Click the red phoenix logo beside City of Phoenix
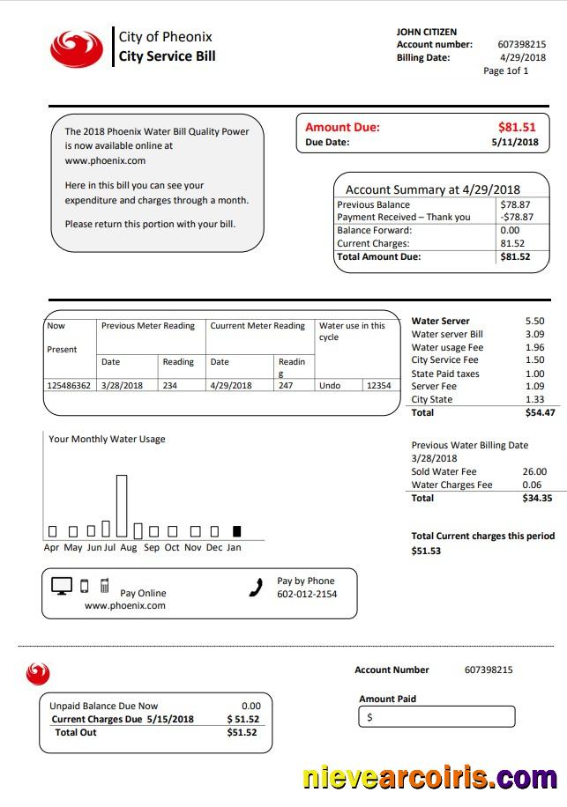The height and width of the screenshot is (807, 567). [76, 48]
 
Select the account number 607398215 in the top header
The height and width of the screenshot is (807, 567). [521, 44]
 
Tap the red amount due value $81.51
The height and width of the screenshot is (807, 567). [517, 127]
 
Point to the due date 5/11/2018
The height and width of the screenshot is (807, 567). [514, 142]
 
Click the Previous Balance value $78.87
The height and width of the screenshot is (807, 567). [515, 204]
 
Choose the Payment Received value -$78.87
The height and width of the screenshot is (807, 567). [516, 217]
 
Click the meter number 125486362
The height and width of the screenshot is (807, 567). [68, 386]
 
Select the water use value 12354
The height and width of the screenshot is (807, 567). [378, 386]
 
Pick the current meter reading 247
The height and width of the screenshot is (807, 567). [286, 386]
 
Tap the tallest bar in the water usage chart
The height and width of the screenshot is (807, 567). [122, 506]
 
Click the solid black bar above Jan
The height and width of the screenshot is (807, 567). [236, 531]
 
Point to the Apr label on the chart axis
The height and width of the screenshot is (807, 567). [52, 547]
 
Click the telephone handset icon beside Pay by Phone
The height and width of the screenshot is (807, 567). [257, 588]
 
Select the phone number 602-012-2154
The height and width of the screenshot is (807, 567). [307, 594]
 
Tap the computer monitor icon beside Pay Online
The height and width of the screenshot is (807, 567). [62, 587]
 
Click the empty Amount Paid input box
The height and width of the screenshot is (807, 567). [436, 717]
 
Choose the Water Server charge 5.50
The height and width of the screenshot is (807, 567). [534, 322]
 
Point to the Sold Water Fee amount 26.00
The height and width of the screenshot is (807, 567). [534, 471]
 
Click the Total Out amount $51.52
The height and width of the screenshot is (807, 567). [242, 732]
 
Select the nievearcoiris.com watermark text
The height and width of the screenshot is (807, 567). [429, 778]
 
